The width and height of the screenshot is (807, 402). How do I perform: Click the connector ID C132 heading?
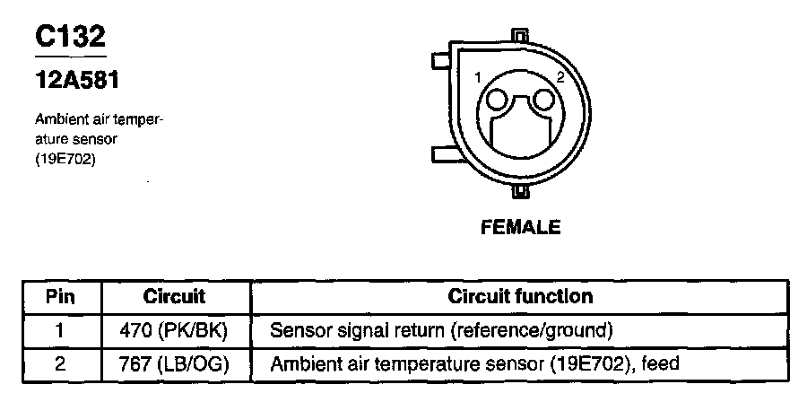click(x=70, y=38)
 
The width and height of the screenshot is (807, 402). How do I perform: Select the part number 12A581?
click(x=76, y=81)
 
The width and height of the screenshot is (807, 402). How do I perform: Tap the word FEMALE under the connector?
click(x=520, y=227)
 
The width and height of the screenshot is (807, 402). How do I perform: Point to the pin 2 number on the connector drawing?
click(x=560, y=78)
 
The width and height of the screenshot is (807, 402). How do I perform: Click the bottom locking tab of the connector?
click(x=519, y=192)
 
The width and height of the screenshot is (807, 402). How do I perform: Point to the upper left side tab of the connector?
click(x=441, y=60)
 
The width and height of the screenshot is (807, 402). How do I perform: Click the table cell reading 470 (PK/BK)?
click(x=174, y=330)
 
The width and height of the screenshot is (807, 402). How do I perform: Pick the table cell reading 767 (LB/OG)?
click(x=174, y=363)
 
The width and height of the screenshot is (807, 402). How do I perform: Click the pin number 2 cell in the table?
click(x=59, y=363)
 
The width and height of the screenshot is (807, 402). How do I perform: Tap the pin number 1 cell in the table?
click(x=59, y=330)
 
